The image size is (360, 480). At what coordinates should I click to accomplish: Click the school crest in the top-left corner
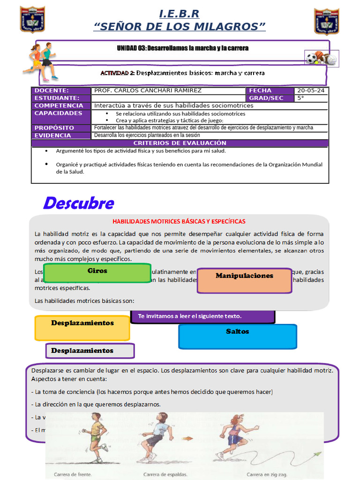click(32, 20)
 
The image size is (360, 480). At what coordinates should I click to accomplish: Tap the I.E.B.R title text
click(179, 14)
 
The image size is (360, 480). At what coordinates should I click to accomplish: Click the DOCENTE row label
click(52, 90)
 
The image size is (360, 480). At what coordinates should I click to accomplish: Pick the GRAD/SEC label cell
click(266, 98)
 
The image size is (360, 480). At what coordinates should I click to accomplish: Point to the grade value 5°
click(301, 98)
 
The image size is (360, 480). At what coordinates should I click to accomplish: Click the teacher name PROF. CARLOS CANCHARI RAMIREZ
click(148, 90)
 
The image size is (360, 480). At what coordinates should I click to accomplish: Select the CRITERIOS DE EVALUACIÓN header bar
click(180, 143)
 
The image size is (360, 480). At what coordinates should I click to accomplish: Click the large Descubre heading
click(78, 203)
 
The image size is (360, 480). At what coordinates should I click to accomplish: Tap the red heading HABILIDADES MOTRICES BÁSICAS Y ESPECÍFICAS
click(179, 221)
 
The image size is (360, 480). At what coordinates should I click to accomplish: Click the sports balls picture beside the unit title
click(321, 59)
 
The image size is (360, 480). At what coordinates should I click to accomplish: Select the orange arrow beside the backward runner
click(187, 439)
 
